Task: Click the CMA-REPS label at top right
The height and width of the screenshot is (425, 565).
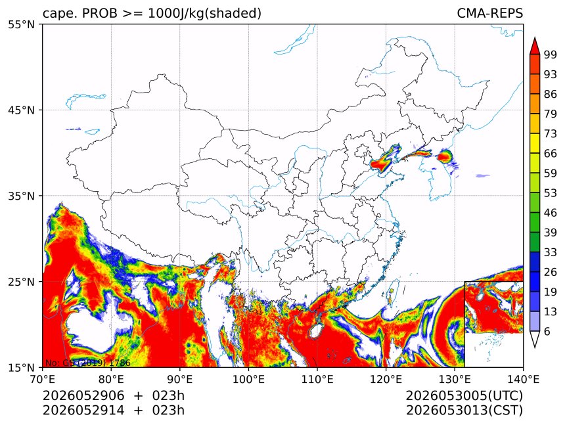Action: click(489, 13)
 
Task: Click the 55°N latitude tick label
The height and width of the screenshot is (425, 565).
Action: click(21, 24)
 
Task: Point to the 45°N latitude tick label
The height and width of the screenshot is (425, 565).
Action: click(21, 110)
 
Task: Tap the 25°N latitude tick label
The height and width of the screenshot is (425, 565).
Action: click(21, 281)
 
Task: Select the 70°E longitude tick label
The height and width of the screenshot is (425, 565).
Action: click(43, 379)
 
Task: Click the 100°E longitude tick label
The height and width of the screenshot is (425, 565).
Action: click(248, 379)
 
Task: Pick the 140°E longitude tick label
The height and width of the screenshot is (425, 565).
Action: click(523, 379)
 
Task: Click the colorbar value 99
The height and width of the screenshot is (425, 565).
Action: click(551, 55)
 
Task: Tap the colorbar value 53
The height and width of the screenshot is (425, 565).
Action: click(551, 193)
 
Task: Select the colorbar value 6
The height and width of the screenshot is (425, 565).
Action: click(547, 331)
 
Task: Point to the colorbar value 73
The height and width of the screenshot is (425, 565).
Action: click(551, 133)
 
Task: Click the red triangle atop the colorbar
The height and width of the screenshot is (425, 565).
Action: click(535, 46)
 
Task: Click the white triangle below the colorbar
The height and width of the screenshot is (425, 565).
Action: click(535, 340)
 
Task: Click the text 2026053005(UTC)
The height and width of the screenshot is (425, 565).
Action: click(464, 395)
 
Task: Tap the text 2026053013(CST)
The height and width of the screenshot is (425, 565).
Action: click(464, 411)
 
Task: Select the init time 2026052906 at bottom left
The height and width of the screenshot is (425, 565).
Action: click(83, 395)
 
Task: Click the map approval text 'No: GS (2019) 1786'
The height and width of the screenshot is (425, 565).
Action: click(88, 363)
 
